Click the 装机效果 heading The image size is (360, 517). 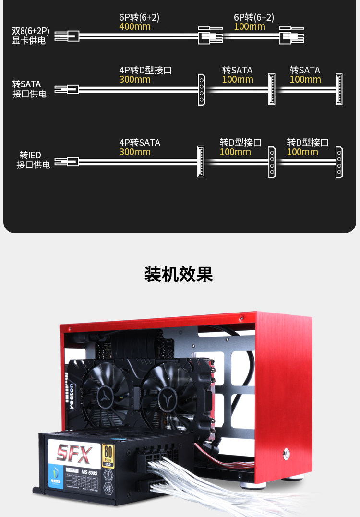pos(179,274)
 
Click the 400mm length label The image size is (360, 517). pos(135,27)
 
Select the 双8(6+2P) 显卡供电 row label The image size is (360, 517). pos(30,36)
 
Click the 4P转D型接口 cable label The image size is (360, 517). pos(145,70)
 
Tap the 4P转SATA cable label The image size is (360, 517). pos(140,143)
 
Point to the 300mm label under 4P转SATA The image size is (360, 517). pos(135,152)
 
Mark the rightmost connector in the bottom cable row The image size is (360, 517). pos(339,162)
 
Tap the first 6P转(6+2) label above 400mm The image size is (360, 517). pos(139,17)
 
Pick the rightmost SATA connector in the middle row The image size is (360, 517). pos(339,89)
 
